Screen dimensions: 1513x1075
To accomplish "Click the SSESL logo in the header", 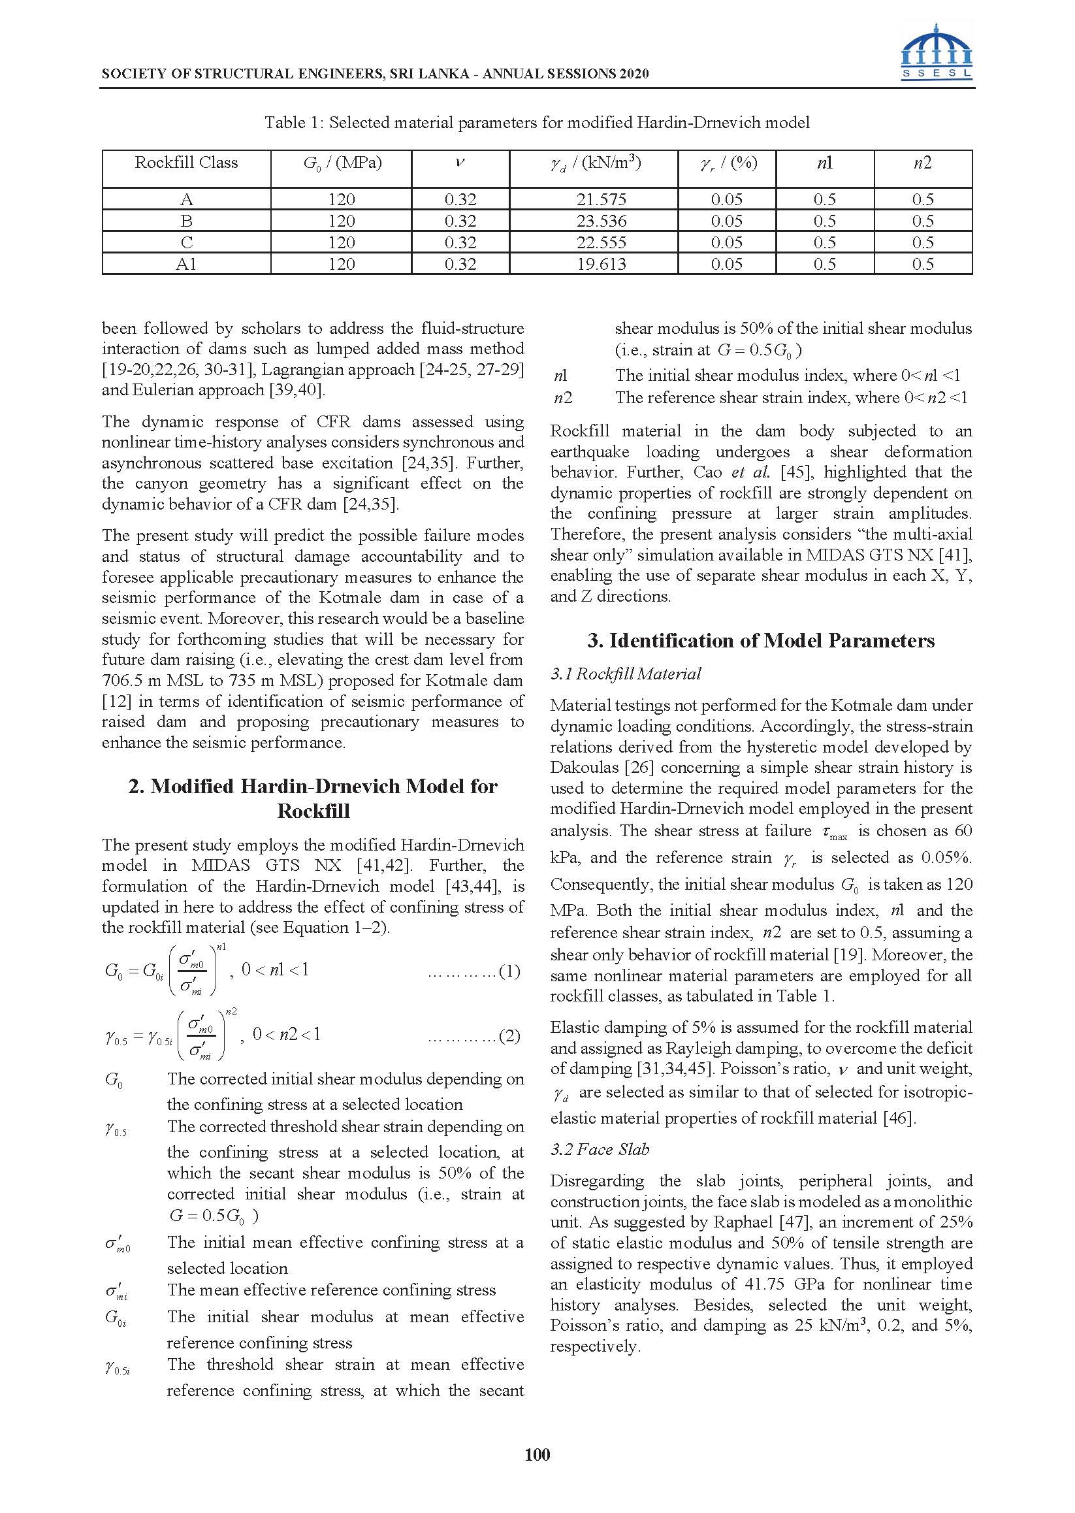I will click(x=936, y=53).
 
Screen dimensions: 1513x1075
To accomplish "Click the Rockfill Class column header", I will click(x=186, y=163).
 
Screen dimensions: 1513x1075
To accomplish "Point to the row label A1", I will click(x=186, y=264).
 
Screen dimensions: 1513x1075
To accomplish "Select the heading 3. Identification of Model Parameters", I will click(x=761, y=640).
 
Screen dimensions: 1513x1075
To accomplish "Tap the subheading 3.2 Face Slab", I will click(x=600, y=1149).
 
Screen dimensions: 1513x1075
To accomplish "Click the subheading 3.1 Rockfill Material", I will click(x=626, y=674).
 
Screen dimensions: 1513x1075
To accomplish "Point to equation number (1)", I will click(x=509, y=971).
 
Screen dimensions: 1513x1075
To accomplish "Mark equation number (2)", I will click(x=509, y=1035).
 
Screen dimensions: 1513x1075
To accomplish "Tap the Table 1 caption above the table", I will click(x=537, y=123).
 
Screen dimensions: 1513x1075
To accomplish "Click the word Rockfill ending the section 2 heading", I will click(x=313, y=811).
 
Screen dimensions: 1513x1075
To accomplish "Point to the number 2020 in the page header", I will click(x=634, y=74).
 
